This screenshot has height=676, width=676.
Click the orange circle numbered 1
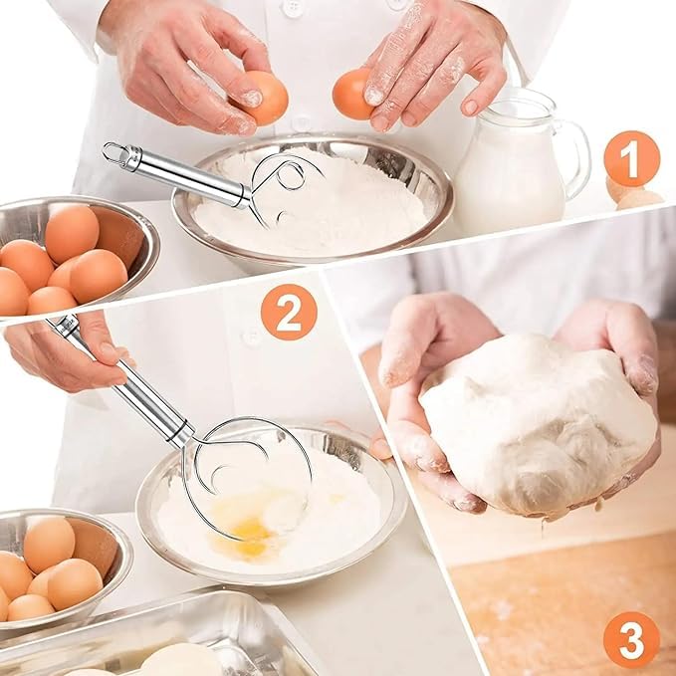(632, 158)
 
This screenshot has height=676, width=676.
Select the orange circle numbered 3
(631, 639)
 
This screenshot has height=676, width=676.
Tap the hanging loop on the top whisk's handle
(115, 152)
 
